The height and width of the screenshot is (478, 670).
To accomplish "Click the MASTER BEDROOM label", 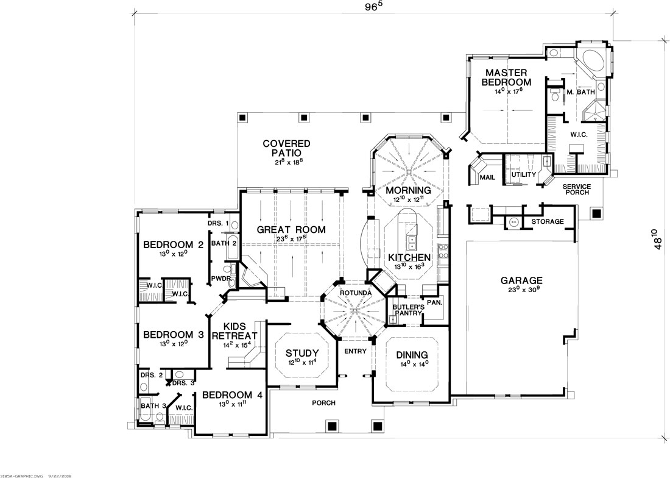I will (x=506, y=77).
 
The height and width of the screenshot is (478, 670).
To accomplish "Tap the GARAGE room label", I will (x=518, y=281).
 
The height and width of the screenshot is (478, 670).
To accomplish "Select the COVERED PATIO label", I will (x=287, y=148).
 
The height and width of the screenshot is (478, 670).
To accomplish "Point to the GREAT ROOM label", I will (x=291, y=230).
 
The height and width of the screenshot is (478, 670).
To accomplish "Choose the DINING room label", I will (x=412, y=355).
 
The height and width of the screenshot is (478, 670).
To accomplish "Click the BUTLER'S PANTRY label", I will (x=404, y=309).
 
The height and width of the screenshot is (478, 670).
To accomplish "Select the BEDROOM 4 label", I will (x=232, y=395).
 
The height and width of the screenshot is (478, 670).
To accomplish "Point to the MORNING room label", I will (x=409, y=190).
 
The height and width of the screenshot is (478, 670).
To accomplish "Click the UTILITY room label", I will (x=523, y=175).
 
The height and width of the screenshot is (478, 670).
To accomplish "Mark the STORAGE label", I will (x=548, y=222).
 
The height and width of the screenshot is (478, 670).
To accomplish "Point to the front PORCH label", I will (x=323, y=403).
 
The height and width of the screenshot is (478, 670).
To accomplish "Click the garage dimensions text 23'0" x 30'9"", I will (x=518, y=291).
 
